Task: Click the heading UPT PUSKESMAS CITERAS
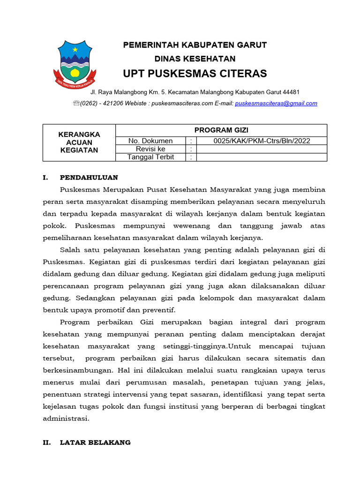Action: pos(195,74)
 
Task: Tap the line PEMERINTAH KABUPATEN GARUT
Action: pos(195,45)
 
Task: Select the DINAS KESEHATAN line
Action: pos(195,59)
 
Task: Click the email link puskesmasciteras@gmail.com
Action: pos(276,104)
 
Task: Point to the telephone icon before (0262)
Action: pos(76,104)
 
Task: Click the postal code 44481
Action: pos(291,92)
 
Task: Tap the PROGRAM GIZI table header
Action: pos(221,130)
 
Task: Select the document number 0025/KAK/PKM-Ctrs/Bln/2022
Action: pos(262,141)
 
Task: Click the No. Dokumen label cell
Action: pos(150,141)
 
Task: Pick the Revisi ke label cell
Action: pos(150,149)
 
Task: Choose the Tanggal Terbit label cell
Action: pos(150,157)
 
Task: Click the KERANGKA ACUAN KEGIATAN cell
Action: pos(79,142)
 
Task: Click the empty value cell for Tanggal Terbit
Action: pos(262,157)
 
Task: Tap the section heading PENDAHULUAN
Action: pos(89,178)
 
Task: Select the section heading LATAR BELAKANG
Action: pos(95,442)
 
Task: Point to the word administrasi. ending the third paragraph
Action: pos(66,418)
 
